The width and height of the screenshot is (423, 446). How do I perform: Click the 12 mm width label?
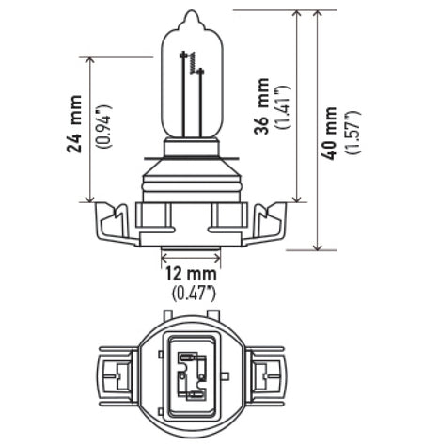point(192,273)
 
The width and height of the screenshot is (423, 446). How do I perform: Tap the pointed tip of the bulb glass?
point(193,14)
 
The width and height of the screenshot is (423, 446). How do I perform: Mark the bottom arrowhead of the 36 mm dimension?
point(299,197)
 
